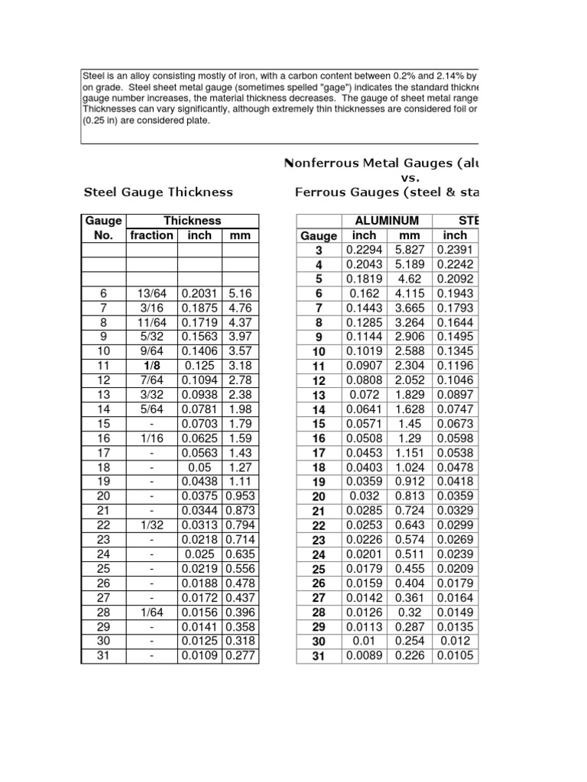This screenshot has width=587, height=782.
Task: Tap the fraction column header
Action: coord(151,235)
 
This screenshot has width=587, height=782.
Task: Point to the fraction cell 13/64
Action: coord(151,294)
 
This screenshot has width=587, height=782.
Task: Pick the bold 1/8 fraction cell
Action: coord(151,366)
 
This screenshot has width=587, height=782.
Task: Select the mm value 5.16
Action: coord(239,294)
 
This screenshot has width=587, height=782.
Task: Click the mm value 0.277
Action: coord(239,656)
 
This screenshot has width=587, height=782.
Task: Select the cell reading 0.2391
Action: coord(456,250)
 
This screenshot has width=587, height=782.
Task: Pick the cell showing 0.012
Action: coord(456,641)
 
